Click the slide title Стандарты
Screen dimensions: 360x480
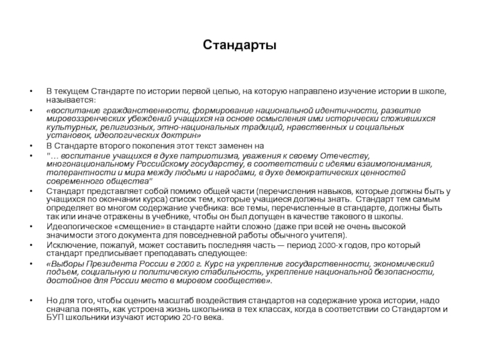pos(239,46)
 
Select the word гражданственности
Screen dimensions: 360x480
pos(139,111)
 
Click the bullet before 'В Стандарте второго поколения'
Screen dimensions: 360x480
pos(31,146)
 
